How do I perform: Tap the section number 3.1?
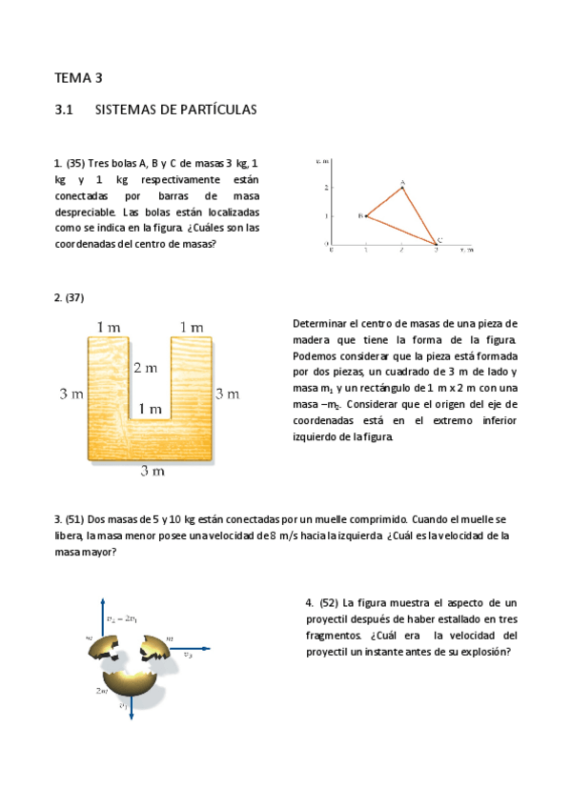[65, 111]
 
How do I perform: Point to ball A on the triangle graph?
[402, 186]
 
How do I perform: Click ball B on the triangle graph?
[366, 216]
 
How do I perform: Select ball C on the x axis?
[437, 245]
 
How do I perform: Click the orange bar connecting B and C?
[400, 231]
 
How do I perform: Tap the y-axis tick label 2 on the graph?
[326, 187]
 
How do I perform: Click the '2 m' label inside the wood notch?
[146, 368]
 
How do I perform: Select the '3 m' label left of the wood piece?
[71, 394]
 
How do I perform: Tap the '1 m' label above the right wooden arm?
[191, 328]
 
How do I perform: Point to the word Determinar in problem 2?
[321, 324]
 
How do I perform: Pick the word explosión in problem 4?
[482, 652]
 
